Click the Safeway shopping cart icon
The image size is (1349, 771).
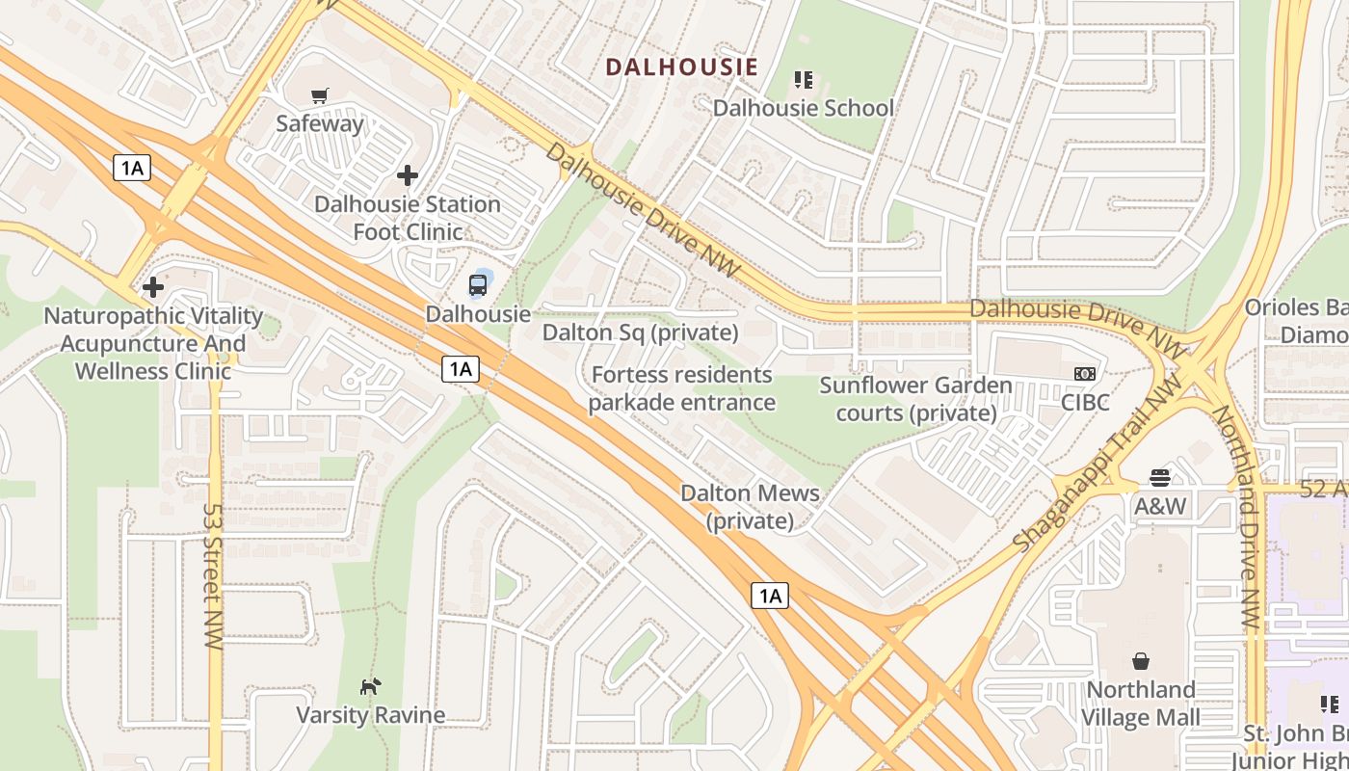coord(320,95)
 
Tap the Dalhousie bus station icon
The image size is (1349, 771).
coord(478,285)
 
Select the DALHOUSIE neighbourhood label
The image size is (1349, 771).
coord(681,67)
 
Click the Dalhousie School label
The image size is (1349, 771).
coord(803,108)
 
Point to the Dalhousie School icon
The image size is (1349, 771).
coord(803,79)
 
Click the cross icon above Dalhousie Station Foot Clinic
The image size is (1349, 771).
coord(408,175)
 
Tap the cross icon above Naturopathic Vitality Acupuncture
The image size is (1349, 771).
coord(152,287)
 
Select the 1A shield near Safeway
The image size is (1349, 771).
coord(132,168)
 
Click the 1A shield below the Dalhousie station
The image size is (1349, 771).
coord(461,368)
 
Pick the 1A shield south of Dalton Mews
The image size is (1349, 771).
coord(770,596)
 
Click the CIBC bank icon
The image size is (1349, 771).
coord(1085,374)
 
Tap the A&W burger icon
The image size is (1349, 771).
coord(1160,478)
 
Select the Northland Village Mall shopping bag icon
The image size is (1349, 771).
coord(1141,661)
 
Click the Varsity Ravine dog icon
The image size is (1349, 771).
coord(370,686)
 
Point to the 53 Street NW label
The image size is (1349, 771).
coord(213,575)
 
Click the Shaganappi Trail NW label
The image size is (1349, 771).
coord(1098,465)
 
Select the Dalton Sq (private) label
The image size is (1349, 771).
coord(640,332)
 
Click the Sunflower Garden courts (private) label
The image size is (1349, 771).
coord(915,399)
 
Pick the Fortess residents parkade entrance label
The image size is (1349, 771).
coord(682,388)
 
